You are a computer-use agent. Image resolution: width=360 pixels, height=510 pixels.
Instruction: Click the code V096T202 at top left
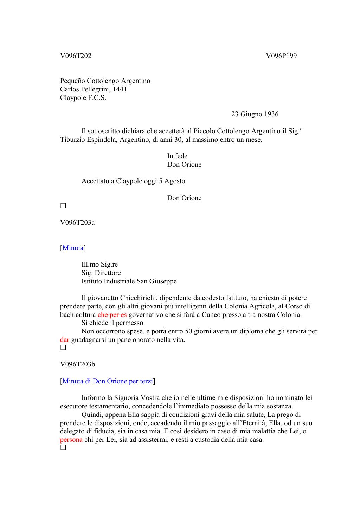[76, 56]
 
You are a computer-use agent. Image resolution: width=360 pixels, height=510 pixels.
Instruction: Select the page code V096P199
[281, 56]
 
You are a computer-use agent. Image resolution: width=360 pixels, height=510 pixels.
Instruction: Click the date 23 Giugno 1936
[255, 114]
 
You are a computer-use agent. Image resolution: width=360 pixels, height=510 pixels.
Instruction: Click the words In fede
[177, 156]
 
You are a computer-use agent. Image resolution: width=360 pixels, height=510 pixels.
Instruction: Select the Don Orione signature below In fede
[184, 165]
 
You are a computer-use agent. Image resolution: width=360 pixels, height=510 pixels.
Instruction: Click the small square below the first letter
[63, 206]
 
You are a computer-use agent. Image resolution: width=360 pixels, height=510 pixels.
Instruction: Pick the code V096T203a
[77, 223]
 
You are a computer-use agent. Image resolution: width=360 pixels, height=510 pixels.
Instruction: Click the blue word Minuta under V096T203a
[73, 248]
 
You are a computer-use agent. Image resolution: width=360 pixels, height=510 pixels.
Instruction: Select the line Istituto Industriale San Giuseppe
[129, 281]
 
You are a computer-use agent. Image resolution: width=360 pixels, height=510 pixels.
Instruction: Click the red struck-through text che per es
[112, 315]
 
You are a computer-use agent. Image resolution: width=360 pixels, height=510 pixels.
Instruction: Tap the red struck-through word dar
[65, 340]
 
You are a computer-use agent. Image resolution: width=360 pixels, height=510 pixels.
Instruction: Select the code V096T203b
[77, 364]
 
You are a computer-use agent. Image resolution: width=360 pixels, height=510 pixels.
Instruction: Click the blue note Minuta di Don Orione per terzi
[108, 381]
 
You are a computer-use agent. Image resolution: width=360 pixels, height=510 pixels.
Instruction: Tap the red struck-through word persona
[71, 440]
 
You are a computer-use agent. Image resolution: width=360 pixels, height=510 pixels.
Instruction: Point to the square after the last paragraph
[63, 448]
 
